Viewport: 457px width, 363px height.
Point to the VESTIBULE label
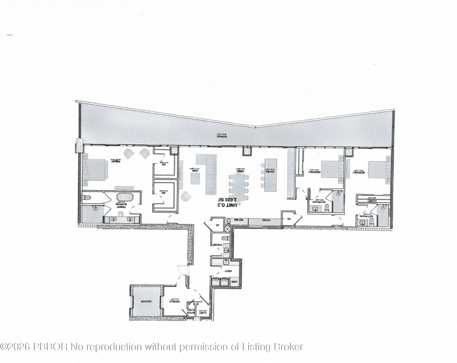point(175,302)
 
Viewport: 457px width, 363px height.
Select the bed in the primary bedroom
point(95,170)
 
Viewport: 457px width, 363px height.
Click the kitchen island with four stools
point(270,175)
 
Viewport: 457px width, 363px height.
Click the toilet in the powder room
point(225,238)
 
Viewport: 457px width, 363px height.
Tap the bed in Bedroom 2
point(378,170)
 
